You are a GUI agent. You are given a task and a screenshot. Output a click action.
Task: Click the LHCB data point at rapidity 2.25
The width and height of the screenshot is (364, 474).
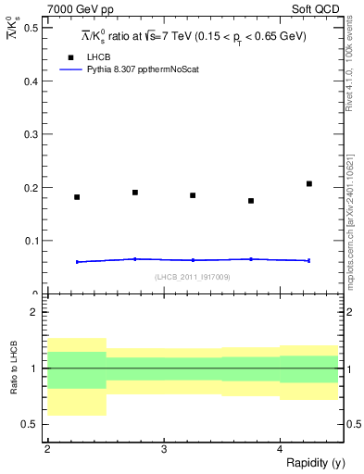[77, 197]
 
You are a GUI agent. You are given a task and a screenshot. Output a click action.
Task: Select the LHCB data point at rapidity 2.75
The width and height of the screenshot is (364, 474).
[135, 193]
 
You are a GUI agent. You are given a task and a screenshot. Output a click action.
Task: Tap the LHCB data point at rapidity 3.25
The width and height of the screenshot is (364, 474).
[193, 195]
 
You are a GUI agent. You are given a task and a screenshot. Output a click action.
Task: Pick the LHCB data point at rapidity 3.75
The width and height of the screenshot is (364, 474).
[251, 201]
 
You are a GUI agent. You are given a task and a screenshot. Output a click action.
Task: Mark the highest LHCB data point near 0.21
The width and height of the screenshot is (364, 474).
[309, 183]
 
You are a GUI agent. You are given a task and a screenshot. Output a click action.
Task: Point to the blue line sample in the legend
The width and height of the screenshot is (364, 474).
[71, 69]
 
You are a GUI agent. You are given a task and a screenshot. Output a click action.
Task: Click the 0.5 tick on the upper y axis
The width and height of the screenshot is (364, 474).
[33, 28]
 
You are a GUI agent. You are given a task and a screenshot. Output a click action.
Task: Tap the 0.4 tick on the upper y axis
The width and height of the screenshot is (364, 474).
[33, 81]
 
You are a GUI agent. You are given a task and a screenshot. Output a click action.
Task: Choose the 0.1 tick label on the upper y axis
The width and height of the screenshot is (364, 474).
[33, 241]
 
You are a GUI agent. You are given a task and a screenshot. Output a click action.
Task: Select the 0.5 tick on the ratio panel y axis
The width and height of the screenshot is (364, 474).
[33, 424]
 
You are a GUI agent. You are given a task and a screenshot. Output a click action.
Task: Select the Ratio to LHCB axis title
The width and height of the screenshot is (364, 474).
[14, 369]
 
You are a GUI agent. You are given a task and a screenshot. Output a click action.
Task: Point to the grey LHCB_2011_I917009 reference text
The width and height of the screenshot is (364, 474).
[192, 276]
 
